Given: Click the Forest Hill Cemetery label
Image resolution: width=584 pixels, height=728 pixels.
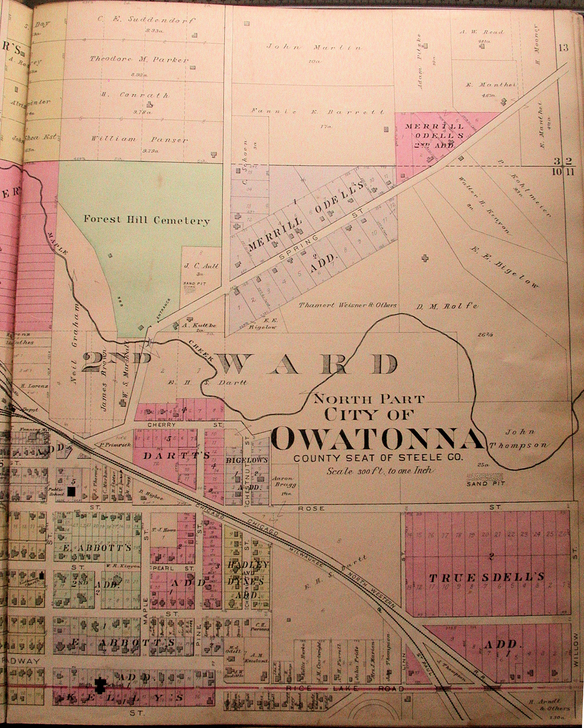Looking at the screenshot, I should (146, 220).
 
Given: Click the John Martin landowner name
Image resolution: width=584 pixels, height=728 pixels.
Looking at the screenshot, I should (314, 47).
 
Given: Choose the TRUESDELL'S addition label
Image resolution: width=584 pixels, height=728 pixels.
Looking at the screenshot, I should (487, 577).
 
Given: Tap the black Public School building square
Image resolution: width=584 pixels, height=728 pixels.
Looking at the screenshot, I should (72, 491).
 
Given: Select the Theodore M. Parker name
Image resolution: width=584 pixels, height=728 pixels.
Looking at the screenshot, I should (139, 59).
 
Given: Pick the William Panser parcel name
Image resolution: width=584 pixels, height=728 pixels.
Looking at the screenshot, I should (140, 139).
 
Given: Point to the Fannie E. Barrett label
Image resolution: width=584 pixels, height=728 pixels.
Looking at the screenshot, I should (318, 112).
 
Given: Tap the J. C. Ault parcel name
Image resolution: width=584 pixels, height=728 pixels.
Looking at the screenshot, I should (201, 266).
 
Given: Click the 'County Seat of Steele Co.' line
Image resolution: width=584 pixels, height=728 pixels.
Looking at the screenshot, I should (378, 458).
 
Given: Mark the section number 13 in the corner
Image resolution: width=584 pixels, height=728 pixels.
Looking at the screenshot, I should (563, 48).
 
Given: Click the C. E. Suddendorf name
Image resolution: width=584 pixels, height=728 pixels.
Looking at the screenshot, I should (146, 19).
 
